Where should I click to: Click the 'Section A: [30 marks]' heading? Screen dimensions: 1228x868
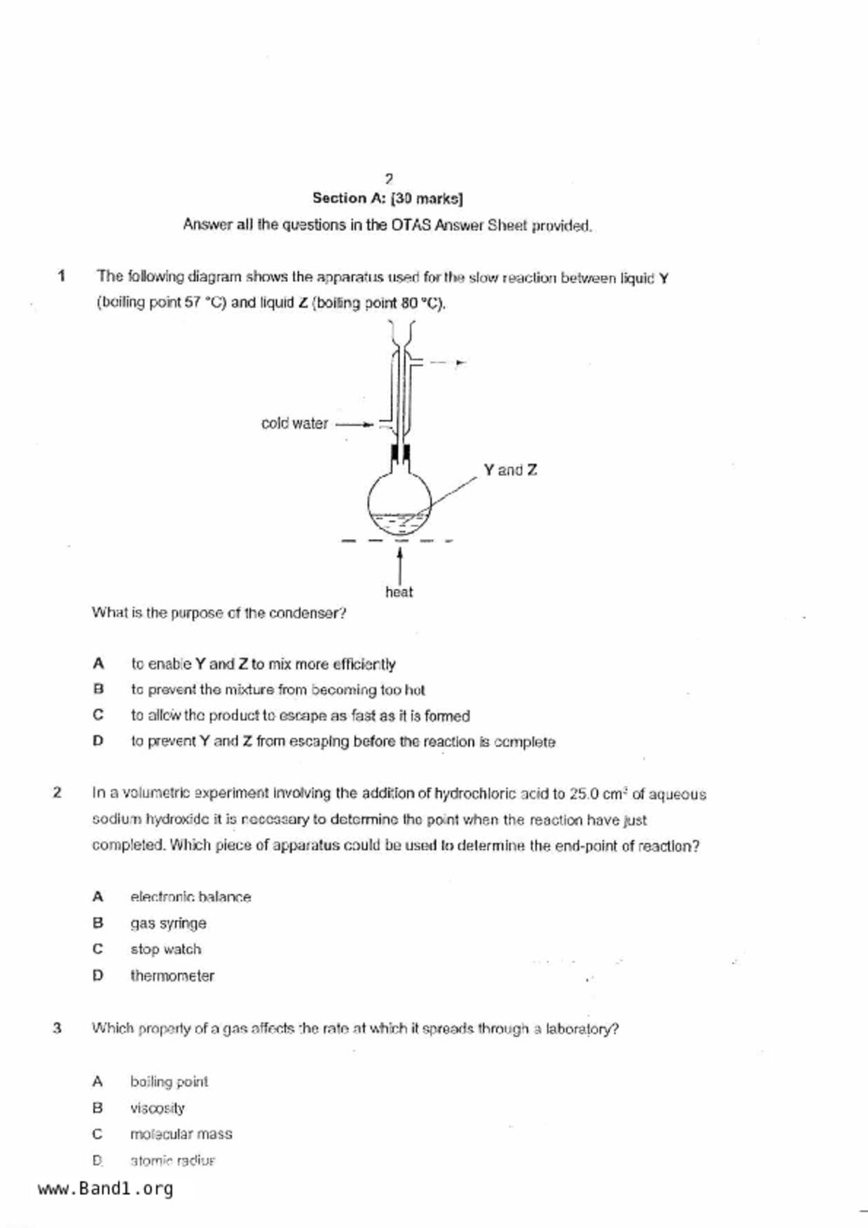[x=387, y=199]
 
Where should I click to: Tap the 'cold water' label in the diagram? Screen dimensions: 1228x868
[x=294, y=424]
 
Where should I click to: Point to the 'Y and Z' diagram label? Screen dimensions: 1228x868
[x=510, y=470]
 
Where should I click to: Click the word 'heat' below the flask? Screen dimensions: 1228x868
[x=399, y=592]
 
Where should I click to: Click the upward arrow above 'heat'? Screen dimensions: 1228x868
[x=399, y=564]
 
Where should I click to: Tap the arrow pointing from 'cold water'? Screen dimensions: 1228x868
[x=355, y=424]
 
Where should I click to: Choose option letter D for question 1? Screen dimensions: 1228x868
[x=98, y=741]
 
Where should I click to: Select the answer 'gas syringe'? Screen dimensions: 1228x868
[x=168, y=923]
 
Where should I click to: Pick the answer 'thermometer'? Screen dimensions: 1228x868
[x=172, y=976]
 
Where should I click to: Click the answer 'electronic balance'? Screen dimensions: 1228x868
[x=191, y=898]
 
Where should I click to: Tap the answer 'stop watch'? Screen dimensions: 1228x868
[x=165, y=949]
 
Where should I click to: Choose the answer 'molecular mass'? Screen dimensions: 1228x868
[x=181, y=1134]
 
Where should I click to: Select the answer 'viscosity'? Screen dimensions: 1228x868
[x=158, y=1108]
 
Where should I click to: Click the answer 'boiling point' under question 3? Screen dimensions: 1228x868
[x=169, y=1082]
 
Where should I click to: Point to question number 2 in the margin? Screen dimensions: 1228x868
[x=57, y=793]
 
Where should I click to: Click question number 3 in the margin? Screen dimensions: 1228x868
[x=57, y=1028]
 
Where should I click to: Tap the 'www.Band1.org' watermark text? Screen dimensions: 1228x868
[x=105, y=1189]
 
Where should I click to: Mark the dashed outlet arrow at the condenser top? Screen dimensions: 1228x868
[x=447, y=363]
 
